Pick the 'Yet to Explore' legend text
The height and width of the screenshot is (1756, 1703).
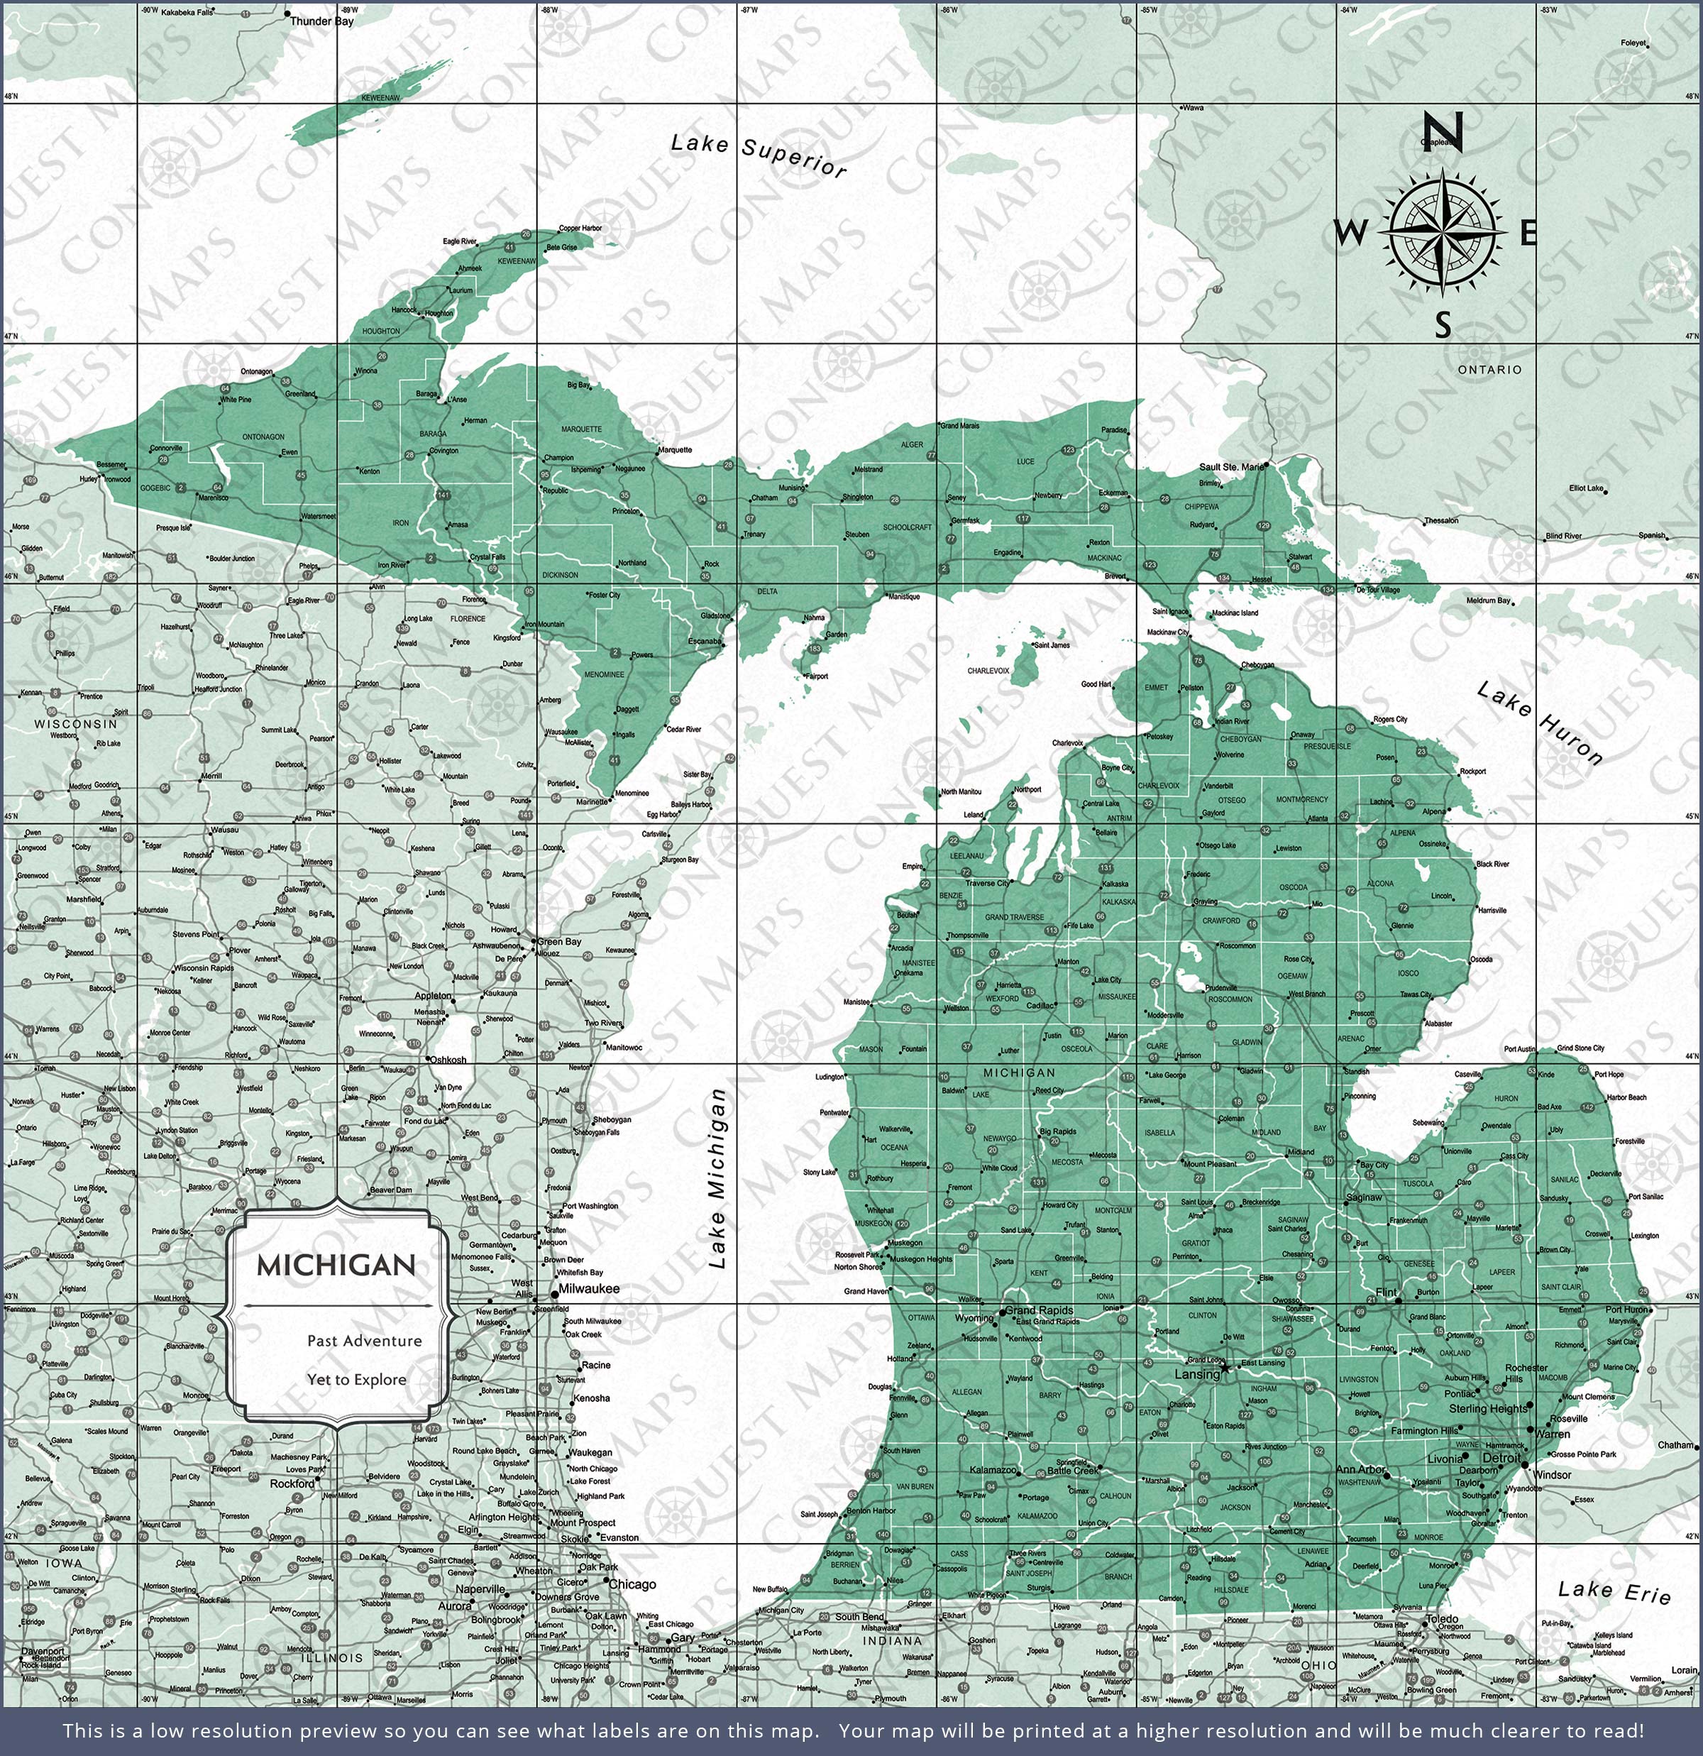click(x=356, y=1380)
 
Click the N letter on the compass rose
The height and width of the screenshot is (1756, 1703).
click(x=1443, y=132)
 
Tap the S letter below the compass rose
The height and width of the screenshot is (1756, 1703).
click(x=1443, y=324)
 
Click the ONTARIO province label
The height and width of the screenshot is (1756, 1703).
click(x=1489, y=369)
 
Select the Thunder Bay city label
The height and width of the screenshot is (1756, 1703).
click(x=321, y=21)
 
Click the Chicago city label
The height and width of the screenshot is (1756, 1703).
click(x=632, y=1584)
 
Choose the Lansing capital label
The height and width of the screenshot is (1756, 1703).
click(x=1197, y=1374)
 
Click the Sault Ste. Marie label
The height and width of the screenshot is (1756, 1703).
click(x=1231, y=467)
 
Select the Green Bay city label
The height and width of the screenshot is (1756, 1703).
click(x=559, y=942)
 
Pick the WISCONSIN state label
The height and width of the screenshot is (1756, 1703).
click(x=76, y=723)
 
